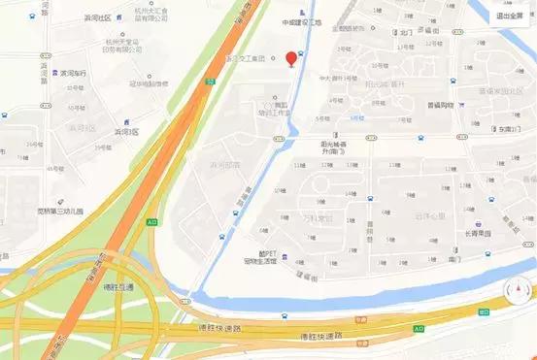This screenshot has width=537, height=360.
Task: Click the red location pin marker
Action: coord(290,59)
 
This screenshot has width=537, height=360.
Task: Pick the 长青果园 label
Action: coord(477,232)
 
